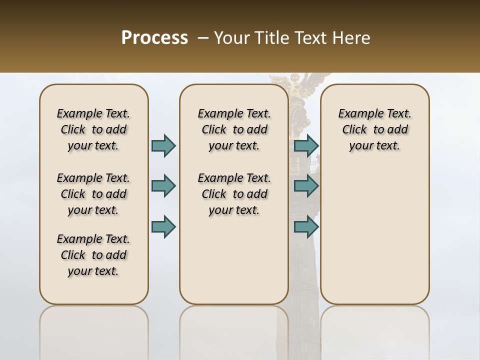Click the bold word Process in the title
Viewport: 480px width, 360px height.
(154, 38)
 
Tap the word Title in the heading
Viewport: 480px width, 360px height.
(270, 38)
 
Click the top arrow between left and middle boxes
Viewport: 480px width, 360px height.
(163, 145)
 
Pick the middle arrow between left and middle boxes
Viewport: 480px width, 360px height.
(163, 186)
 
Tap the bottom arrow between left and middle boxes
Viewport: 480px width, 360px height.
(163, 227)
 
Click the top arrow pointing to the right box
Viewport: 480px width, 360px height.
(306, 145)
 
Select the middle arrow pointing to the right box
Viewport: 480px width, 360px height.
(306, 186)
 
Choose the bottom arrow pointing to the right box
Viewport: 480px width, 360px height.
(306, 227)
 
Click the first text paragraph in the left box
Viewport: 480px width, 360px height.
(93, 129)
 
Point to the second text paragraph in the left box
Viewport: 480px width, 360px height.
(93, 194)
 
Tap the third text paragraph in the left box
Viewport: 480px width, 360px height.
(93, 255)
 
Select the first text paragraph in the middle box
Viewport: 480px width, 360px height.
(234, 129)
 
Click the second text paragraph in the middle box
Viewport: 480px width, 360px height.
(234, 194)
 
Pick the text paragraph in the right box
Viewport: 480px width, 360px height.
(374, 129)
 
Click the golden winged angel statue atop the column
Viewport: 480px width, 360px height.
(300, 87)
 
